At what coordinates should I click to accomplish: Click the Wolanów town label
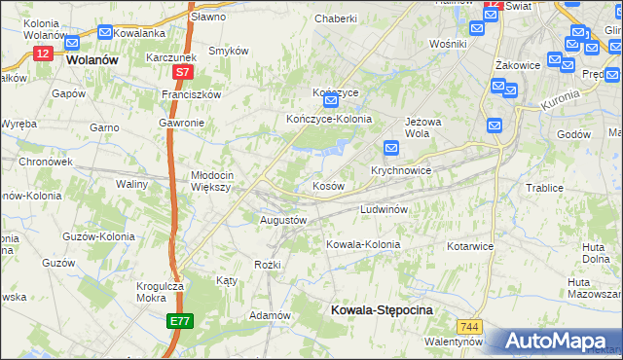94,59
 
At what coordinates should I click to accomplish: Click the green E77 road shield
179,320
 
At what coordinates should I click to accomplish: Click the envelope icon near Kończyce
331,100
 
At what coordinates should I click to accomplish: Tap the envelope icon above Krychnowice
391,148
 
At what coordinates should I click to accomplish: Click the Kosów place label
327,186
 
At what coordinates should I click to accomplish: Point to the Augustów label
284,220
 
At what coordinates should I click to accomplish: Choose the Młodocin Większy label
210,181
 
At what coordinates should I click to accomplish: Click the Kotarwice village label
470,246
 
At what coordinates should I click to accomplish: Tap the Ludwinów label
389,209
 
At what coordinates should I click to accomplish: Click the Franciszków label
193,94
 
